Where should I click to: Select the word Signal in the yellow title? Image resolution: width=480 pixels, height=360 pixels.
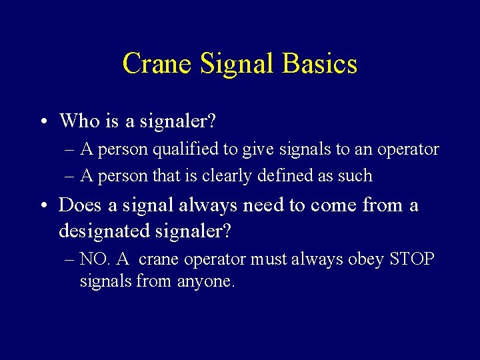click(x=237, y=64)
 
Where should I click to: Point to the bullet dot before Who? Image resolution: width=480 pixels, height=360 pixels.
click(x=42, y=122)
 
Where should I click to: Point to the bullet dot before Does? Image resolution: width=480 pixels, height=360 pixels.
click(x=42, y=206)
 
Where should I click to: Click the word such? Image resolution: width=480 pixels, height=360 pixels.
click(x=357, y=176)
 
